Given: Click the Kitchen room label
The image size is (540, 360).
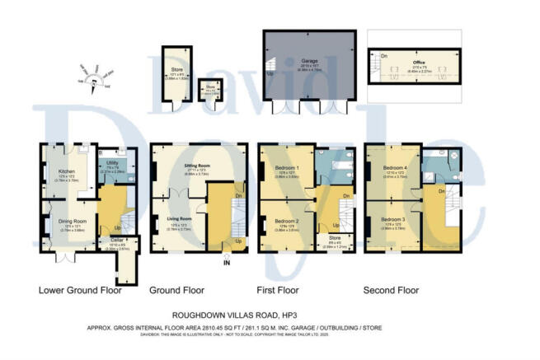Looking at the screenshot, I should click(x=57, y=171).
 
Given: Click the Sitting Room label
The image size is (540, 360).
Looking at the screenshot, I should click(x=195, y=166).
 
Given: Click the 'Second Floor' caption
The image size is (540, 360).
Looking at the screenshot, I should click(x=392, y=290).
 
